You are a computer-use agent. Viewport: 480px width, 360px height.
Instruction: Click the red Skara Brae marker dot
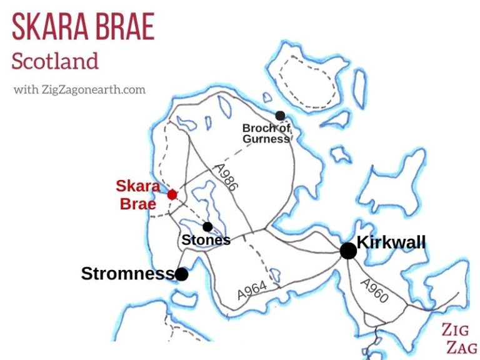(172, 195)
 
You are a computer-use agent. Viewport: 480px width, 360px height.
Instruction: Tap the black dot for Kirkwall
(348, 251)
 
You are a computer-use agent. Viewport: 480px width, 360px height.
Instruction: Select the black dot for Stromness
(181, 274)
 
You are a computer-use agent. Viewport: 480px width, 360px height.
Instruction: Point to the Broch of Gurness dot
(280, 116)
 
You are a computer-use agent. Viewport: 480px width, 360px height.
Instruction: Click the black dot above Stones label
(207, 227)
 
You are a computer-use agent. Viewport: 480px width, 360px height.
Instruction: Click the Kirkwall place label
(391, 242)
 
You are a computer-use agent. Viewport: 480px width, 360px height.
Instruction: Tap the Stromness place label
(127, 274)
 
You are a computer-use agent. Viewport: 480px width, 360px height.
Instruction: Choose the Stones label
(206, 240)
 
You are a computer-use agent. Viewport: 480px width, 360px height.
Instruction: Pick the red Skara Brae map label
(138, 195)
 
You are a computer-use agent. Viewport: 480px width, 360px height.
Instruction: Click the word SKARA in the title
(49, 27)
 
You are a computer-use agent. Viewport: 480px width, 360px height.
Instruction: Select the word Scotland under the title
(55, 61)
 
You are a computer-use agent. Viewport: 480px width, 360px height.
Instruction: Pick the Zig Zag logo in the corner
(459, 338)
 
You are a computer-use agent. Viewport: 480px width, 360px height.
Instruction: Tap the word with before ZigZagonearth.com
(24, 89)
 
